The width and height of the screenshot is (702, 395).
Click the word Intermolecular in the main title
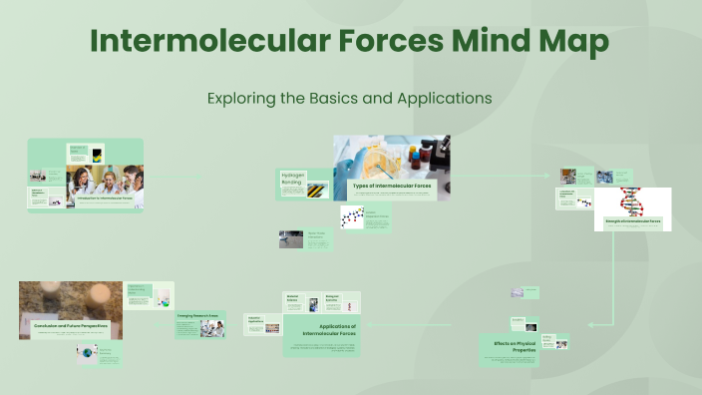[188, 42]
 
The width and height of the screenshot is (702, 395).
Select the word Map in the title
[581, 42]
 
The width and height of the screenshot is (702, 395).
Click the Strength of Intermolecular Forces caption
[633, 221]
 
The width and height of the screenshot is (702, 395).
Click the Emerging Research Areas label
[197, 315]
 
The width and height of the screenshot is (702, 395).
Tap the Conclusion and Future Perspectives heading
[71, 325]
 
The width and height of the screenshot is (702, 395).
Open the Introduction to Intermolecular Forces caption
[105, 197]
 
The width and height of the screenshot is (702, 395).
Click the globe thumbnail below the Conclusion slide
[88, 351]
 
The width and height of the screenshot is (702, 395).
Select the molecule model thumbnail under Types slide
[351, 216]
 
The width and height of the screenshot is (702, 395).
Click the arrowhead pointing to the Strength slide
[550, 176]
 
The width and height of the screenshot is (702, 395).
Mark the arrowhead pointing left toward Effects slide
[591, 324]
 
